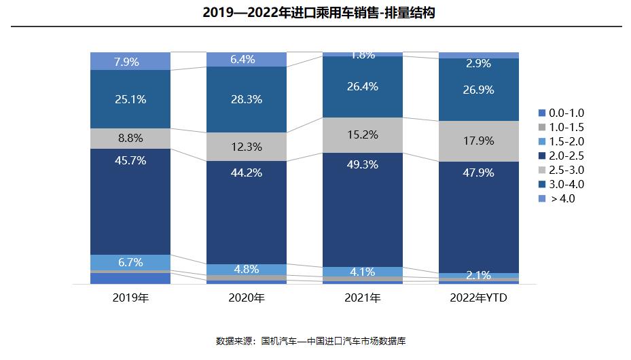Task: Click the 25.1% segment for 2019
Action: pyautogui.click(x=130, y=99)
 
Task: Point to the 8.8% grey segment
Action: pyautogui.click(x=130, y=138)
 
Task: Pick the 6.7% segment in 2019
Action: pyautogui.click(x=130, y=262)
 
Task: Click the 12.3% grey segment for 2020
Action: pyautogui.click(x=247, y=146)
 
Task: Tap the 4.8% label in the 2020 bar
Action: pyautogui.click(x=246, y=269)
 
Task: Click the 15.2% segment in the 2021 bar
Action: pyautogui.click(x=362, y=134)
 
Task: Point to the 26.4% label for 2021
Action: pyautogui.click(x=362, y=86)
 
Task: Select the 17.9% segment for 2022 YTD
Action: pyautogui.click(x=478, y=141)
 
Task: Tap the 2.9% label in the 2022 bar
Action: pyautogui.click(x=478, y=63)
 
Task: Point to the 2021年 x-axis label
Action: pyautogui.click(x=362, y=298)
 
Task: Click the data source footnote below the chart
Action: pyautogui.click(x=314, y=340)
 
